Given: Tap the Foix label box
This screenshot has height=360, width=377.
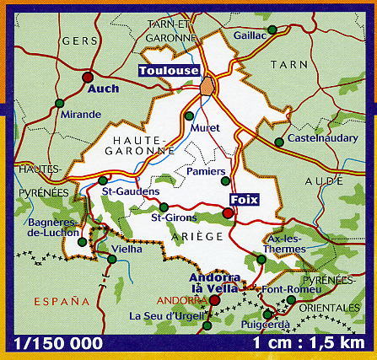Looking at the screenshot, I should pyautogui.click(x=244, y=200).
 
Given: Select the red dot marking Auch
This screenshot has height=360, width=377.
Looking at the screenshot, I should pyautogui.click(x=87, y=77).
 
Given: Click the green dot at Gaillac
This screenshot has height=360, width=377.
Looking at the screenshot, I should pyautogui.click(x=272, y=30).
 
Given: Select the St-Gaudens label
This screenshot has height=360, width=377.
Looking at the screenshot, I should pyautogui.click(x=131, y=192).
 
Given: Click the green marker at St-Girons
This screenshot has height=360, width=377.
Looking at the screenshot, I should pyautogui.click(x=164, y=207).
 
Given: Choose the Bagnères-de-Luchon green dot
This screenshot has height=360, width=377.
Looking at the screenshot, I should pyautogui.click(x=82, y=242).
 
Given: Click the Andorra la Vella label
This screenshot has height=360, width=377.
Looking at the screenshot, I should pyautogui.click(x=216, y=283).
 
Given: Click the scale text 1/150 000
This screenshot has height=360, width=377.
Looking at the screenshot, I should pyautogui.click(x=59, y=344).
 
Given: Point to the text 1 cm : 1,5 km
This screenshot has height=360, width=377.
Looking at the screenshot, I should pyautogui.click(x=313, y=344).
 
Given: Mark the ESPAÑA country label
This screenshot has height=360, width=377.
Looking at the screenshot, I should pyautogui.click(x=61, y=300).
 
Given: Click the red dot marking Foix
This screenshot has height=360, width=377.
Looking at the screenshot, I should pyautogui.click(x=227, y=213).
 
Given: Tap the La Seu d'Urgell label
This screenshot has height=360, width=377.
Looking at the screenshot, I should pyautogui.click(x=169, y=317).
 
